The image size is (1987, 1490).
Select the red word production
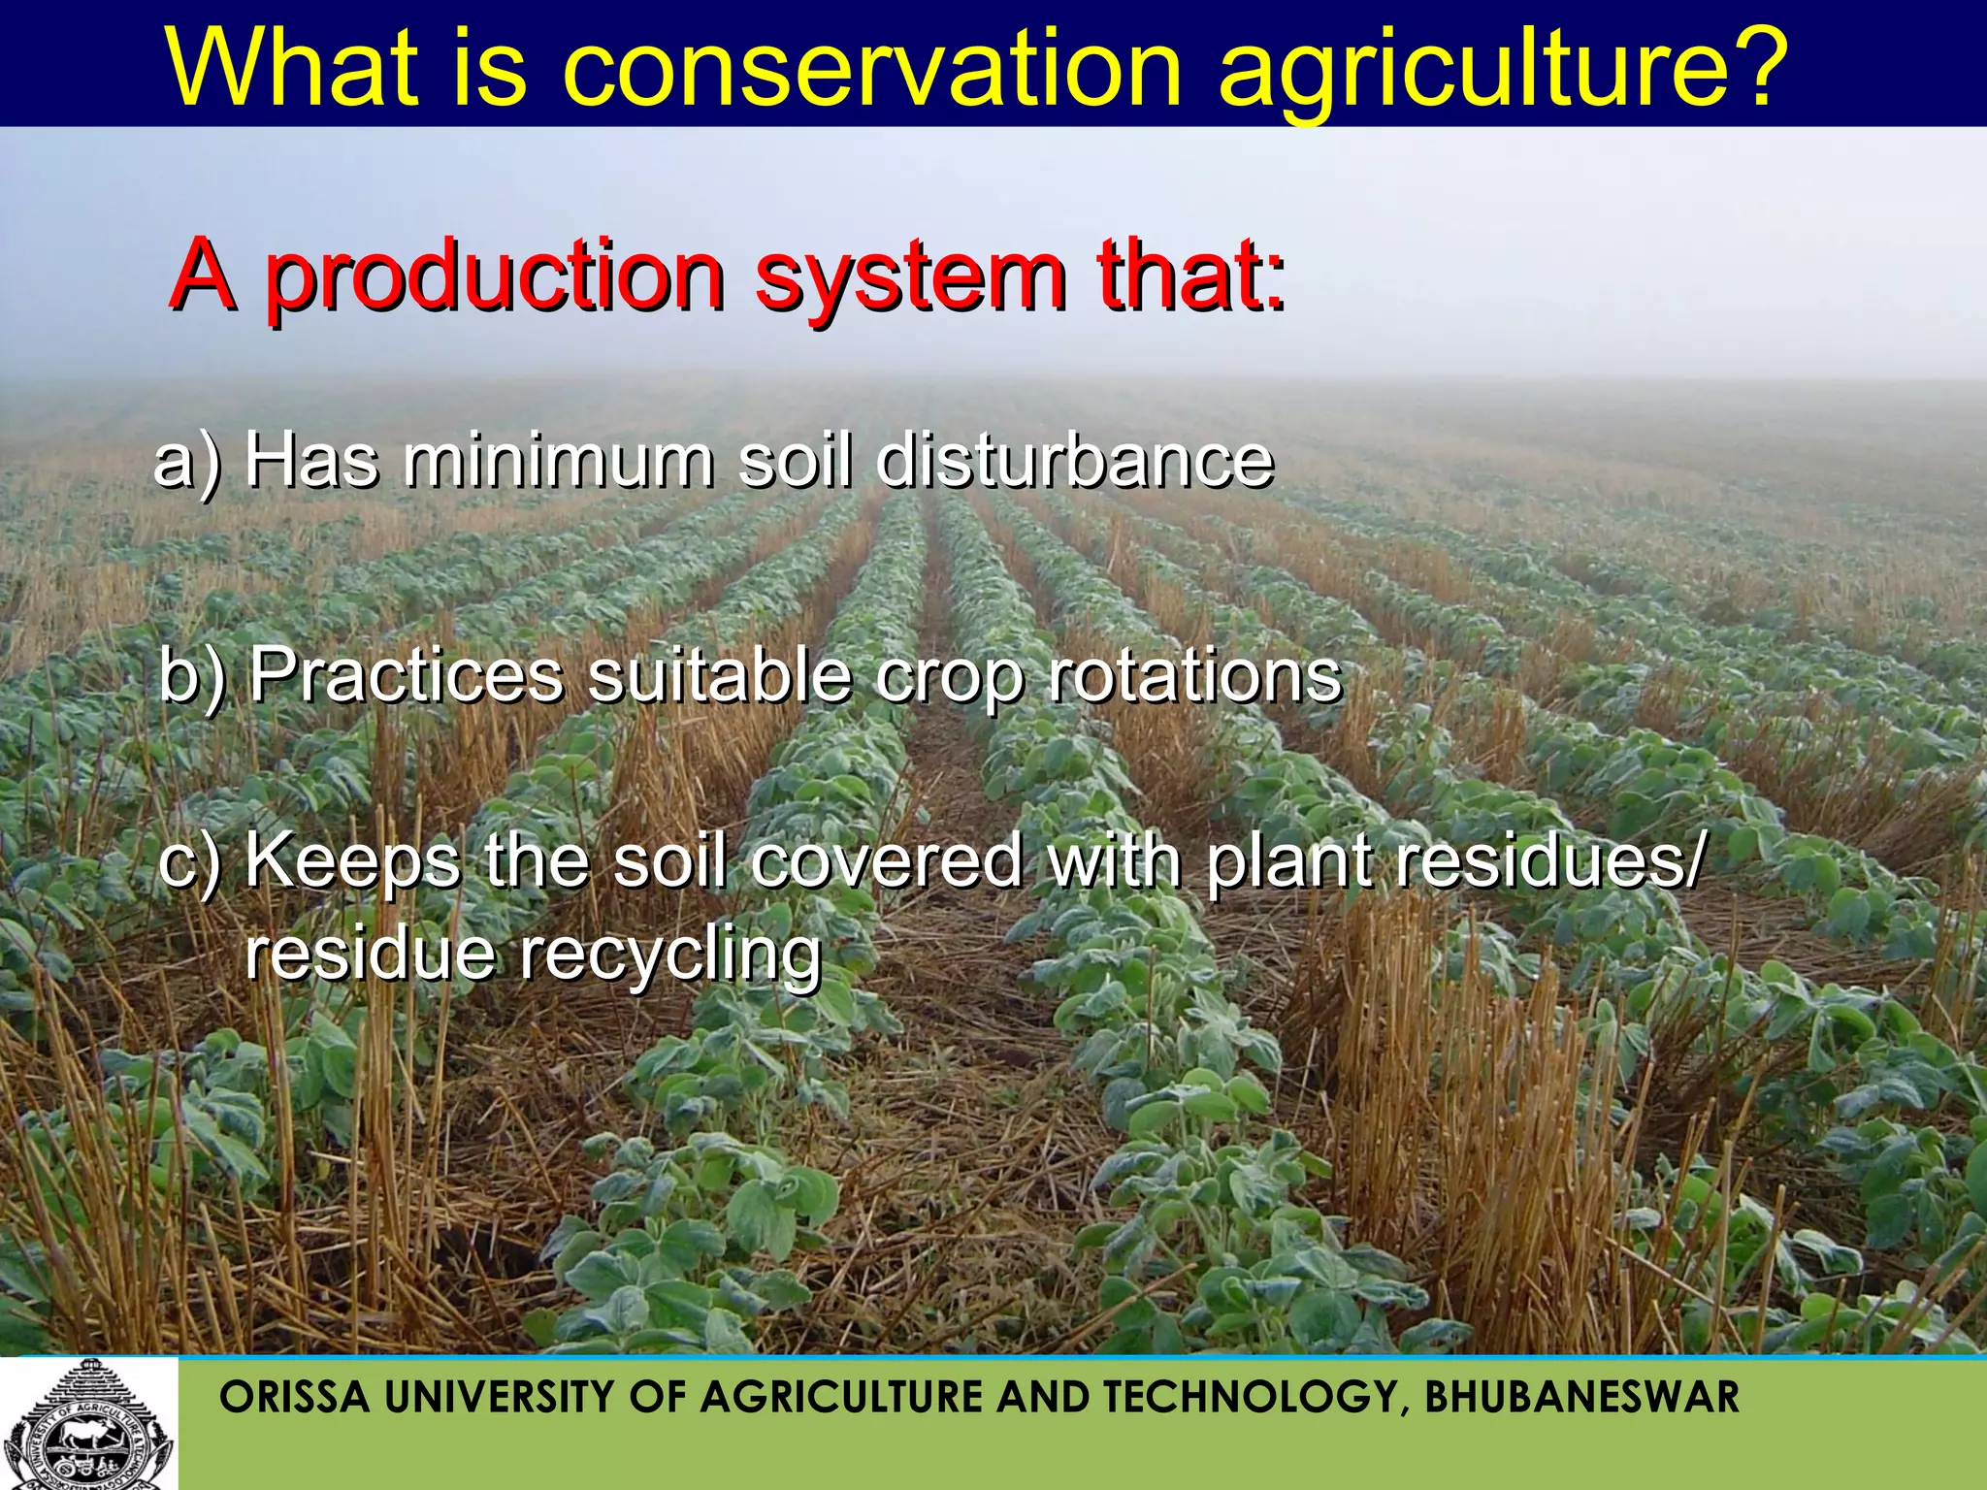pos(495,279)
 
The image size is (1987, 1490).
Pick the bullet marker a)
pos(186,462)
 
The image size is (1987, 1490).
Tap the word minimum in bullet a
pos(559,460)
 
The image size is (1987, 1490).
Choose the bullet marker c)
pos(189,861)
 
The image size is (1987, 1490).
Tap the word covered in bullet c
pos(886,861)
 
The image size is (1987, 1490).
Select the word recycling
pos(669,955)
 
